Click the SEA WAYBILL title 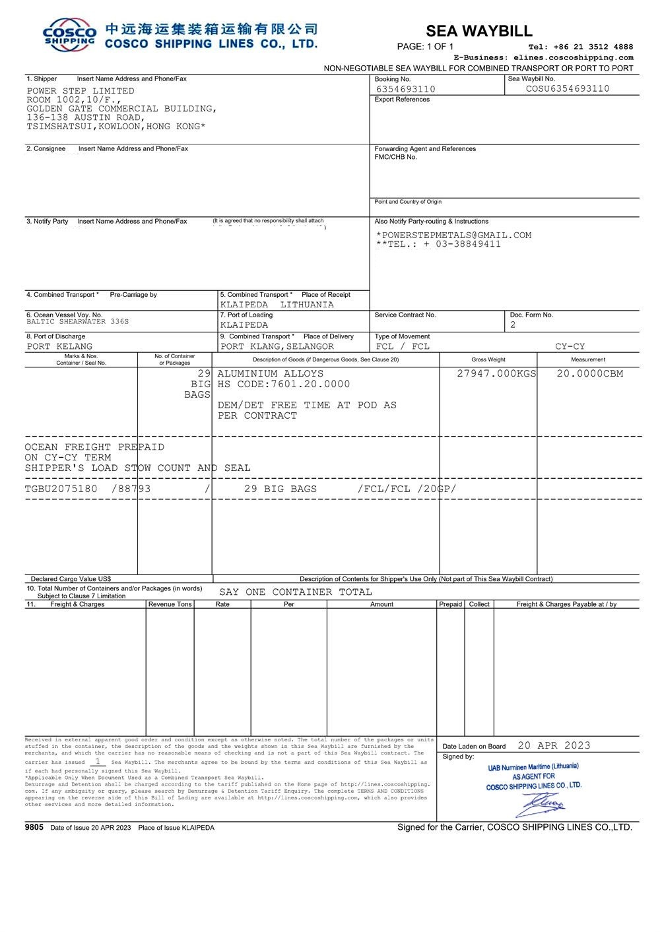[x=478, y=31]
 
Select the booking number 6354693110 [x=405, y=89]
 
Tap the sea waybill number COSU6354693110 [x=568, y=88]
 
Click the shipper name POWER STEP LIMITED [x=81, y=91]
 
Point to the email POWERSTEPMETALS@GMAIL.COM [x=455, y=235]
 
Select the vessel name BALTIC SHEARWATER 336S [x=78, y=322]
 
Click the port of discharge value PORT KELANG [x=59, y=346]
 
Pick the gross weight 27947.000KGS [x=496, y=373]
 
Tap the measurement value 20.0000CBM [x=589, y=373]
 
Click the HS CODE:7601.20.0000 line [x=284, y=384]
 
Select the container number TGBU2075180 [x=61, y=489]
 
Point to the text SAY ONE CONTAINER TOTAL [x=295, y=592]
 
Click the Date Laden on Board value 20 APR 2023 [x=554, y=745]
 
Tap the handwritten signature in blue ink [x=544, y=804]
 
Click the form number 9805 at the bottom [x=34, y=827]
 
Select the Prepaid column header [x=451, y=604]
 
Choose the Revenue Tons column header [x=170, y=604]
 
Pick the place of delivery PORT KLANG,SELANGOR [x=277, y=346]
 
